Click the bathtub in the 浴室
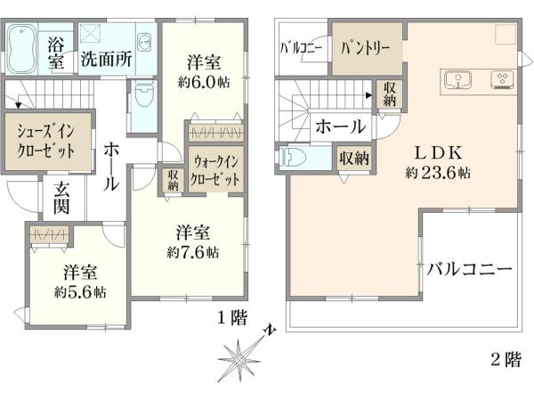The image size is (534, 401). click(20, 49)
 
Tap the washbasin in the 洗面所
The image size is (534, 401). click(145, 42)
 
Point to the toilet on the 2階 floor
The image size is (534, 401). click(294, 157)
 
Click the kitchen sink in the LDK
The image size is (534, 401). click(457, 80)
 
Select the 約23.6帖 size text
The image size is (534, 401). click(438, 173)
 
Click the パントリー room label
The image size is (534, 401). click(366, 48)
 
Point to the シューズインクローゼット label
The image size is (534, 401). click(45, 141)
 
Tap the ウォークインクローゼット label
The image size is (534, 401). click(214, 170)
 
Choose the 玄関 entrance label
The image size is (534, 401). click(61, 198)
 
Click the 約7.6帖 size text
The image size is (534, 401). click(193, 253)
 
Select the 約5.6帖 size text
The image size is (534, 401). click(80, 292)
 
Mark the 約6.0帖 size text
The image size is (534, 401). click(204, 82)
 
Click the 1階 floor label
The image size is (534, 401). click(232, 318)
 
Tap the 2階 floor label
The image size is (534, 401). click(506, 359)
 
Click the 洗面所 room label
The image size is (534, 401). click(106, 59)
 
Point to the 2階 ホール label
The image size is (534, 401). click(341, 127)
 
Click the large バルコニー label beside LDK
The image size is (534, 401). click(470, 269)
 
